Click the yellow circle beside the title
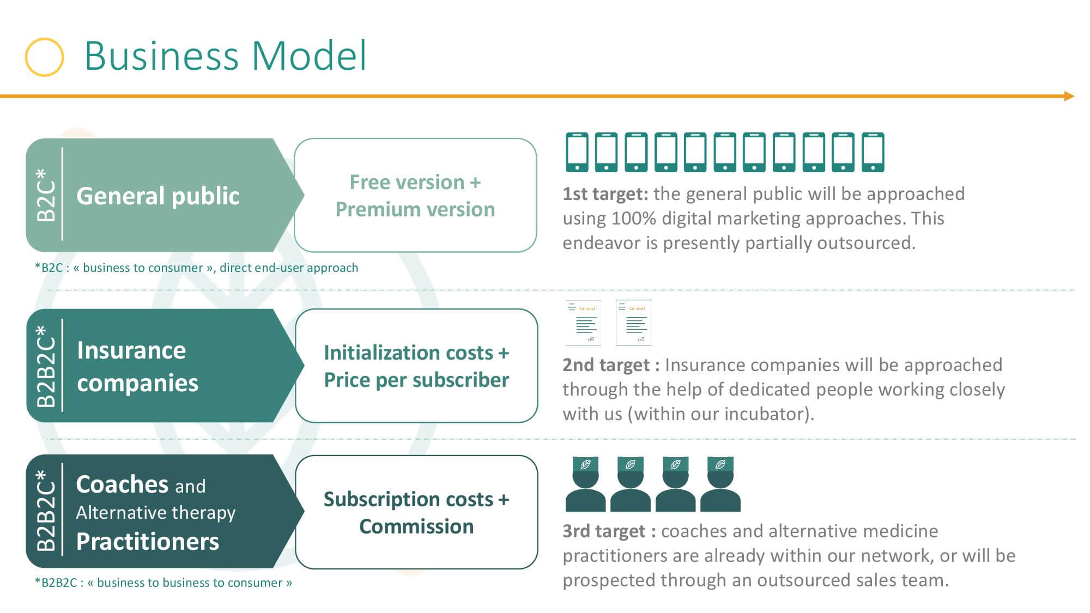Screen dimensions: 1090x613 click(27, 57)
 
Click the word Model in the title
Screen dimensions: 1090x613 click(309, 56)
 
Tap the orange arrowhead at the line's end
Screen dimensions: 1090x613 click(1069, 96)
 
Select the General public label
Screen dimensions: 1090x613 click(158, 196)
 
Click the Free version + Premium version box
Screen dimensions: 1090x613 click(415, 195)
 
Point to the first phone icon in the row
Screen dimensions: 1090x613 click(577, 152)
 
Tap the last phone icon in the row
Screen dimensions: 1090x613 click(873, 152)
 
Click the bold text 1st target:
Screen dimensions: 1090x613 click(605, 193)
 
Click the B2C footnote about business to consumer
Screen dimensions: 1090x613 click(197, 268)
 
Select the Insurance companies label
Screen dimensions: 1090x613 click(137, 366)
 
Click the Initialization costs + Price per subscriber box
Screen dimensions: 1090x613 click(416, 366)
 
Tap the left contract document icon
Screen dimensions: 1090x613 click(583, 323)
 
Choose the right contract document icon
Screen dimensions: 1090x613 click(633, 323)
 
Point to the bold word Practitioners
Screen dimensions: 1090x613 click(148, 542)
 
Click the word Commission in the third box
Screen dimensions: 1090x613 click(416, 526)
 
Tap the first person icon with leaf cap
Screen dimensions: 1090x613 click(585, 484)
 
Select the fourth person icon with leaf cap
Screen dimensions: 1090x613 click(720, 484)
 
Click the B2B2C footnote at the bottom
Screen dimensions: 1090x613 click(163, 582)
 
